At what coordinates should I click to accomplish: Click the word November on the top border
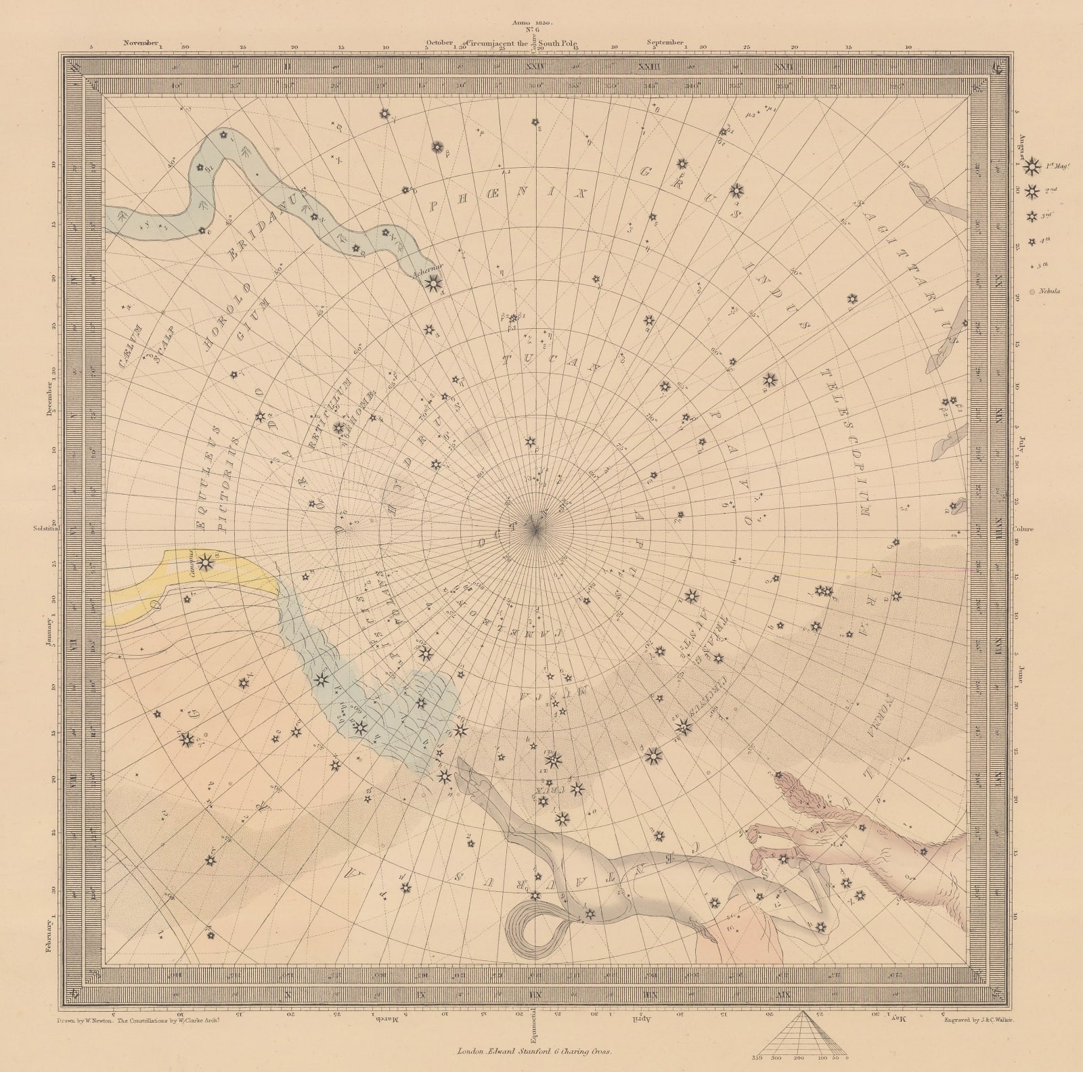click(x=141, y=42)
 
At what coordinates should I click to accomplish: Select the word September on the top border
click(x=668, y=42)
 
